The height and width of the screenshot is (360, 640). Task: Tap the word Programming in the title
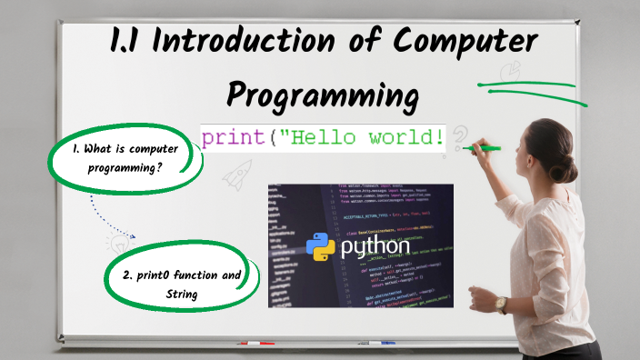[323, 94]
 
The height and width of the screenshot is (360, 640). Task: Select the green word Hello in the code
[326, 138]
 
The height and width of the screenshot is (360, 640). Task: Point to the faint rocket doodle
[238, 172]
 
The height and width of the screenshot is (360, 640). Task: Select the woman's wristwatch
[500, 305]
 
